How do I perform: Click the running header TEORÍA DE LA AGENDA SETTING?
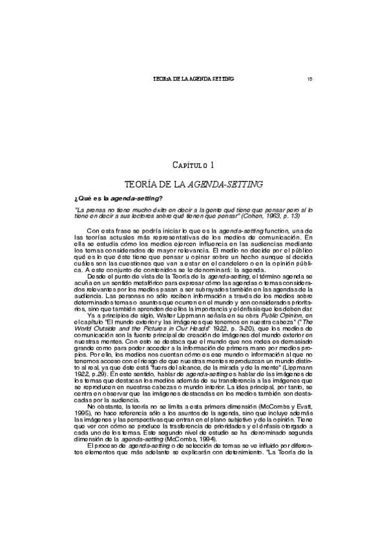coord(193,78)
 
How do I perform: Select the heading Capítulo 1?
coord(194,166)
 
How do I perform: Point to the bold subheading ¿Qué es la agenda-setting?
coord(120,198)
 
